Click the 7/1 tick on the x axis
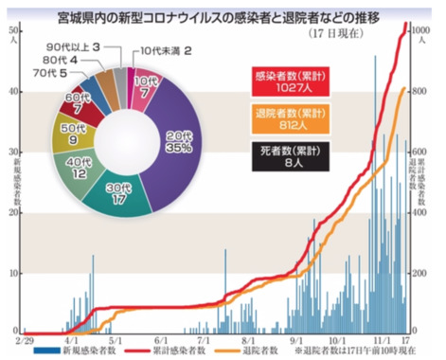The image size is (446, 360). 203,337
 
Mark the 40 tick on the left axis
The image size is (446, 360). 13,92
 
